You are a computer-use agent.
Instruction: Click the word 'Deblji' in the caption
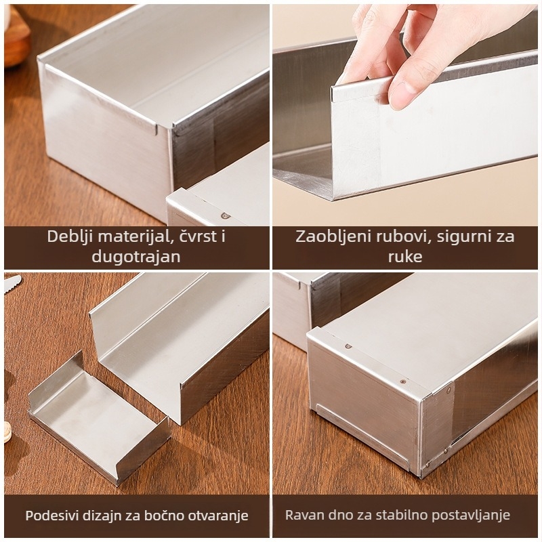point(70,236)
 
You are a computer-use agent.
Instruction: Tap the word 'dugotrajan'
point(136,257)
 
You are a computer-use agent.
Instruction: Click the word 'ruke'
point(404,257)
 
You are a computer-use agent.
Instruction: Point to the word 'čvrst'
point(195,236)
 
